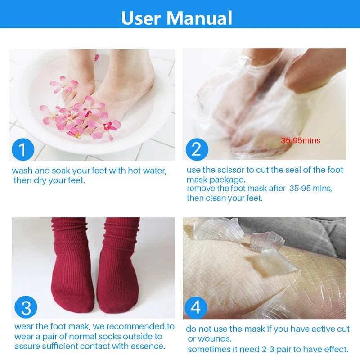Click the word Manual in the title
pos(199,18)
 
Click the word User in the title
pos(141,18)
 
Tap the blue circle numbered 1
pos(23,149)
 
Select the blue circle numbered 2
pos(197,149)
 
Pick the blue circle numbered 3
pos(26,307)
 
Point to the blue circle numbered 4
pos(196,307)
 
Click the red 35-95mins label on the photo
pos(300,140)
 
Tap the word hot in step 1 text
pos(134,171)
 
